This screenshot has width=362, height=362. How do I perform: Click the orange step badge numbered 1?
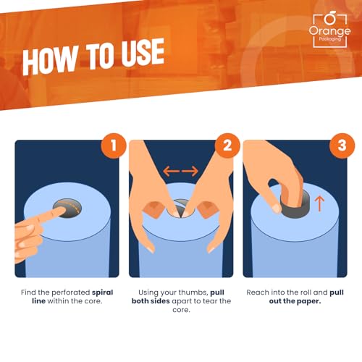pyautogui.click(x=114, y=146)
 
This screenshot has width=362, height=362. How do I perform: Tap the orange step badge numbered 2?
pyautogui.click(x=227, y=146)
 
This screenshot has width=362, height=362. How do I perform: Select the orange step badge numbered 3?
pyautogui.click(x=342, y=146)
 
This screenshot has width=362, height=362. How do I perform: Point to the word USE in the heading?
pyautogui.click(x=143, y=52)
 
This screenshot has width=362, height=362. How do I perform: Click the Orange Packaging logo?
pyautogui.click(x=329, y=30)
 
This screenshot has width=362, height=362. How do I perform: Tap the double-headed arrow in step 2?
pyautogui.click(x=181, y=171)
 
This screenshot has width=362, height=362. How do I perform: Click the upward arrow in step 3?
pyautogui.click(x=320, y=203)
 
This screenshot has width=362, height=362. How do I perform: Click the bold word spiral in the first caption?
pyautogui.click(x=102, y=292)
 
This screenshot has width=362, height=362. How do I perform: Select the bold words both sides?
pyautogui.click(x=151, y=301)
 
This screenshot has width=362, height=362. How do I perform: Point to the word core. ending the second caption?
pyautogui.click(x=181, y=310)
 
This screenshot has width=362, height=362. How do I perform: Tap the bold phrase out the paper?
pyautogui.click(x=295, y=301)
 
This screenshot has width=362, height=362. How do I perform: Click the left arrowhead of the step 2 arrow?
pyautogui.click(x=167, y=171)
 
